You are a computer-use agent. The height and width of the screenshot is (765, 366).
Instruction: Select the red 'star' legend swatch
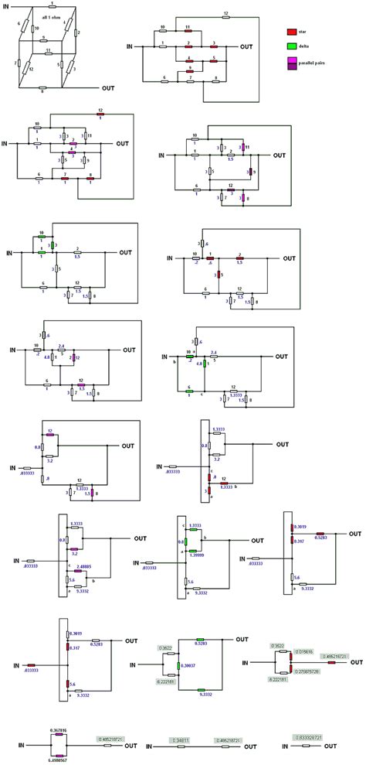click(x=292, y=32)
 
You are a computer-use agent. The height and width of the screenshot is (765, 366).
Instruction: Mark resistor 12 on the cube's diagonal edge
click(x=32, y=69)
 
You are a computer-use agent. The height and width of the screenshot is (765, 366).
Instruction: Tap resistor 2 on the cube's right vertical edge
click(x=77, y=32)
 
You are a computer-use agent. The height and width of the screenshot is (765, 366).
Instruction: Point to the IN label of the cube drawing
click(x=8, y=6)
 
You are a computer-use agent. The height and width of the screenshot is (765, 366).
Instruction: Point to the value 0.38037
click(x=189, y=664)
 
